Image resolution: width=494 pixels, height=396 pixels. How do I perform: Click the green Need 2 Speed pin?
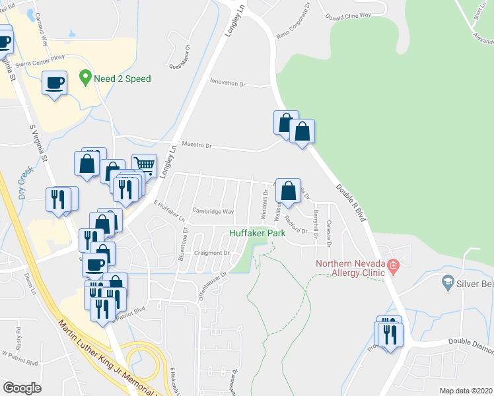pos(85,78)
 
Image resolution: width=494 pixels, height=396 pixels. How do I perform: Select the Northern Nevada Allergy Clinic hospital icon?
pos(394,267)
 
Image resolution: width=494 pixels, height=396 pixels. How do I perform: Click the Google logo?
pos(22,388)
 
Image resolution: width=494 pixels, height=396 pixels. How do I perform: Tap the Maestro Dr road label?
pos(196,145)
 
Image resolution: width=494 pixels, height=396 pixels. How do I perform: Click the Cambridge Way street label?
pos(213,212)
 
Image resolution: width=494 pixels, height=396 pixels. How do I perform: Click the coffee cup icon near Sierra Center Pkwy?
pos(54,83)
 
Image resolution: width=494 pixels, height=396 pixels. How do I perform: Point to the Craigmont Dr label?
pos(211,253)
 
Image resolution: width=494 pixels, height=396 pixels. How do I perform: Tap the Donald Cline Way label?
pos(347,14)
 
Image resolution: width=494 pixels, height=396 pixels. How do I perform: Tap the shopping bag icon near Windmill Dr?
pos(288,191)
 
